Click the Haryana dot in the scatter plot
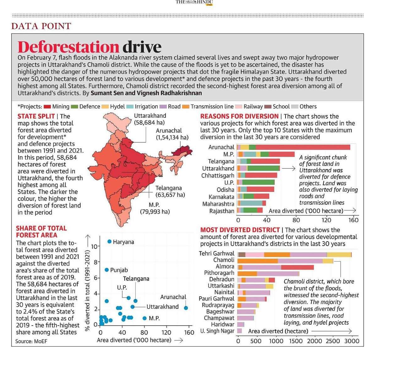109,242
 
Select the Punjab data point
106,270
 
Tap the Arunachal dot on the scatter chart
186,308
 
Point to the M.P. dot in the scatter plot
144,318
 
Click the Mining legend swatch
47,107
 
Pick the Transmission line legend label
212,107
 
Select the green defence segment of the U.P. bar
258,182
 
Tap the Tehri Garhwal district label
216,254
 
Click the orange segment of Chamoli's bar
258,261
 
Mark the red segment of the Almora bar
297,267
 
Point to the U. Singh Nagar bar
240,331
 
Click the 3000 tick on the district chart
351,341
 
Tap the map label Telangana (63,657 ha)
170,191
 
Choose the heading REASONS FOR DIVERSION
239,116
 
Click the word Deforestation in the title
68,47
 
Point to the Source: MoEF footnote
31,341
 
